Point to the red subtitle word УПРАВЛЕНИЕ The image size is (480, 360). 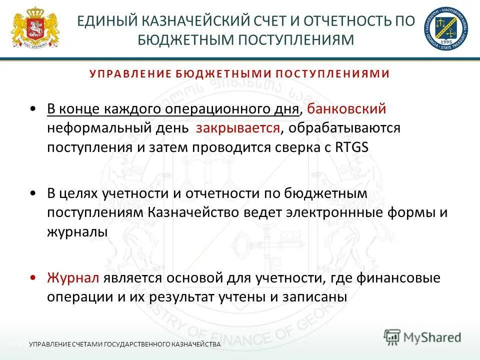click(x=130, y=74)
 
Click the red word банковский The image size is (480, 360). click(x=346, y=108)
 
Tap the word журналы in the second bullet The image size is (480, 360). click(x=77, y=231)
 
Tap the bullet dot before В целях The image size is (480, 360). click(x=33, y=193)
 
